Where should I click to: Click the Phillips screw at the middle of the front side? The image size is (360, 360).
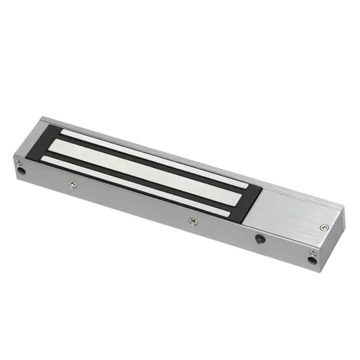tap(191, 220)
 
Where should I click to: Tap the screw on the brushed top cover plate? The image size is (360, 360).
tap(323, 226)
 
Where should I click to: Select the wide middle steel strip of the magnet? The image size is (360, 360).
tap(148, 165)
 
